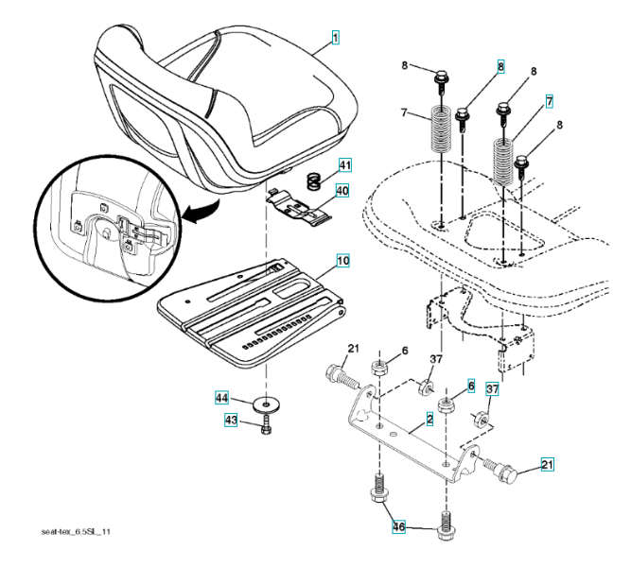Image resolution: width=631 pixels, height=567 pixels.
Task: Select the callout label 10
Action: [342, 258]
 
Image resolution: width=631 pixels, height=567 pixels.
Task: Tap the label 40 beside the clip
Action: [342, 190]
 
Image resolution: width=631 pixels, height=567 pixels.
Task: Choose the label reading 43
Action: [230, 421]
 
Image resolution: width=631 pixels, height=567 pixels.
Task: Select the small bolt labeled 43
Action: [267, 430]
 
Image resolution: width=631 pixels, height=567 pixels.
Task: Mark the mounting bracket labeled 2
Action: [407, 430]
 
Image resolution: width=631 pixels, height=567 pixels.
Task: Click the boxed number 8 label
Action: [500, 67]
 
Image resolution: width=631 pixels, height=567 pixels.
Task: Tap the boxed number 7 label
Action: [549, 100]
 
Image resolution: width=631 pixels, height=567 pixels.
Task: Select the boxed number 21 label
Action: [548, 463]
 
